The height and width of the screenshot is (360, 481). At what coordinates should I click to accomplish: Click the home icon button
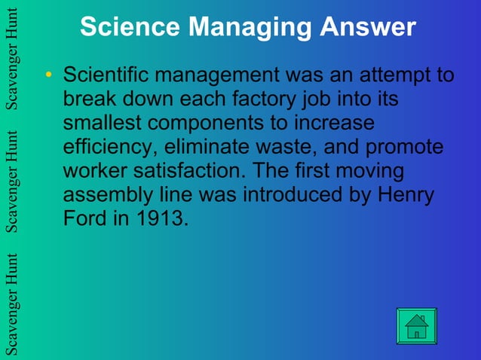point(416,326)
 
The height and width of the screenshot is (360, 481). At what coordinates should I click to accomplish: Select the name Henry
point(407,195)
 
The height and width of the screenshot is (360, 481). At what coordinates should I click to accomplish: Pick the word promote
point(405,147)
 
